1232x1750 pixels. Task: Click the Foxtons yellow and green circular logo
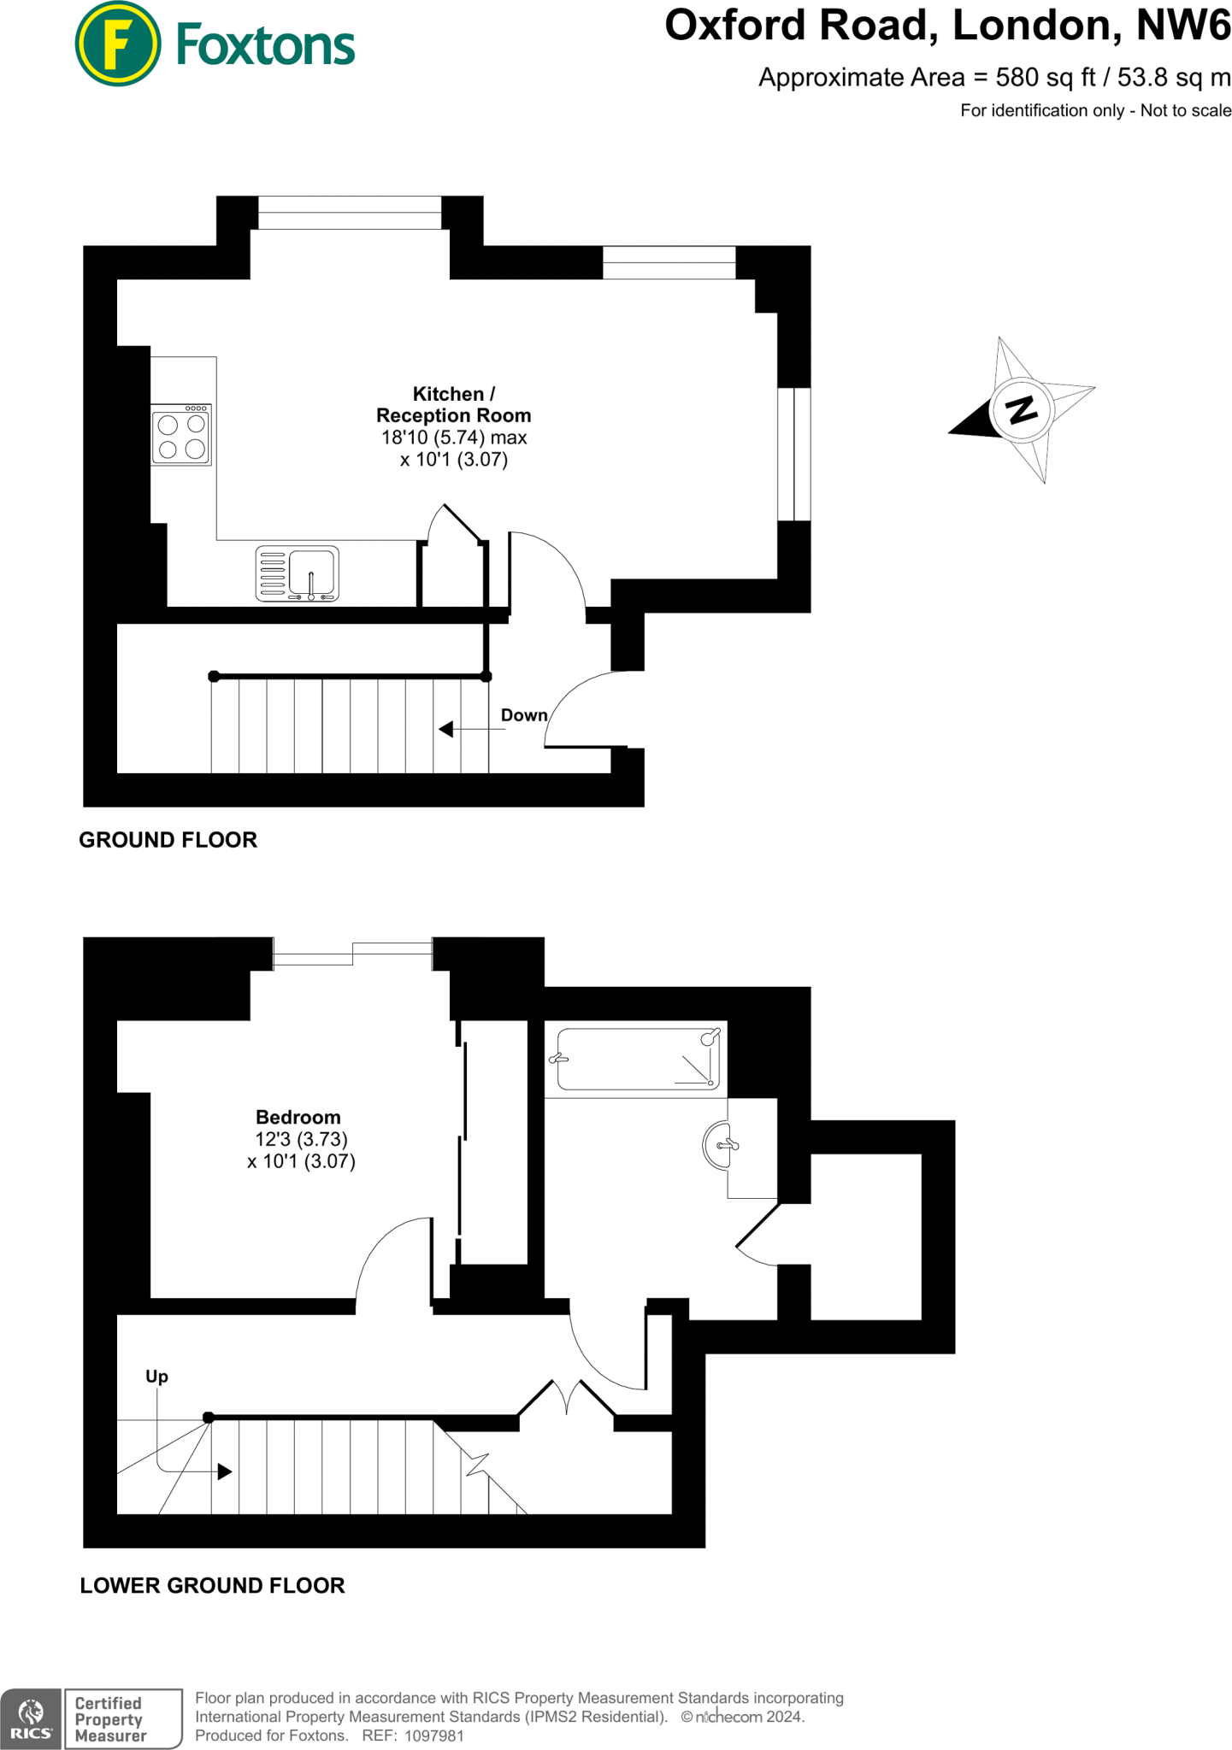pyautogui.click(x=118, y=44)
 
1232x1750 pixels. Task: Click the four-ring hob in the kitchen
pyautogui.click(x=181, y=436)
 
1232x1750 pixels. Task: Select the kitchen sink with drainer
pyautogui.click(x=298, y=573)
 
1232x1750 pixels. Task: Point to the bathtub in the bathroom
pyautogui.click(x=637, y=1059)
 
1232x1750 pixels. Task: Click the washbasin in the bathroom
pyautogui.click(x=718, y=1144)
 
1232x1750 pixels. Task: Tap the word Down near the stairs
pyautogui.click(x=523, y=715)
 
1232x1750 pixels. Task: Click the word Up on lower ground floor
pyautogui.click(x=156, y=1376)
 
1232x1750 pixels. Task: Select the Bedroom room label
pyautogui.click(x=298, y=1117)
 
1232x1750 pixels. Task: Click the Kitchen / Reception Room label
pyautogui.click(x=453, y=405)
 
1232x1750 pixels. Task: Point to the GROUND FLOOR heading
pyautogui.click(x=168, y=840)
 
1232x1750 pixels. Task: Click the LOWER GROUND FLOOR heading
pyautogui.click(x=212, y=1585)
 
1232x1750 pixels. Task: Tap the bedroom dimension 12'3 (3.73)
pyautogui.click(x=301, y=1139)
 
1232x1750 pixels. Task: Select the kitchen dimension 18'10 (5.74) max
pyautogui.click(x=453, y=437)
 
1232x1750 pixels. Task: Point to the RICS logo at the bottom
pyautogui.click(x=31, y=1718)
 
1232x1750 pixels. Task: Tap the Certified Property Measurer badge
pyautogui.click(x=123, y=1718)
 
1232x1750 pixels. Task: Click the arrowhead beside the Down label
pyautogui.click(x=445, y=729)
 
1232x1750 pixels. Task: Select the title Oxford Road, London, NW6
pyautogui.click(x=947, y=26)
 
